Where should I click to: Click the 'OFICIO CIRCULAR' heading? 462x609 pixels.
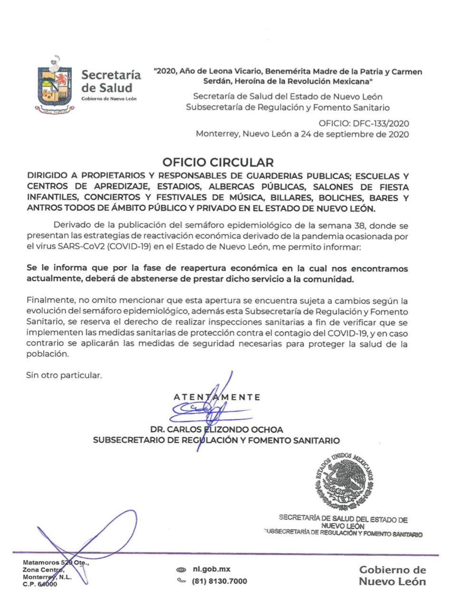[218, 162]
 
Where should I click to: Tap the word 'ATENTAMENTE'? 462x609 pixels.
[217, 397]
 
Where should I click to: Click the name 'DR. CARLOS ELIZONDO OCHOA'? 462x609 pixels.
[216, 429]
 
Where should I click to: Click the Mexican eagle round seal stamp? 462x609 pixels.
[343, 480]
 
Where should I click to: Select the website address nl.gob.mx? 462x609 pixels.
[212, 569]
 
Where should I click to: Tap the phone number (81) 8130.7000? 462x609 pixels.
[219, 581]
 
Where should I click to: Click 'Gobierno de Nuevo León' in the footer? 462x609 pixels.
[392, 575]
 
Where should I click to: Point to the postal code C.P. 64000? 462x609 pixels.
[39, 584]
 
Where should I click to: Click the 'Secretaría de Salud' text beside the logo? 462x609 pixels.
[111, 81]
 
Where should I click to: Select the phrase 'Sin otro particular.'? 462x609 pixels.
[64, 375]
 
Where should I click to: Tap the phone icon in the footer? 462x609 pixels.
[181, 581]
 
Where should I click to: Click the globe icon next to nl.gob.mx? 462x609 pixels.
[181, 570]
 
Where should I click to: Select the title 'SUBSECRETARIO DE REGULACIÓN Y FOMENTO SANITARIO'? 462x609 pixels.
[216, 440]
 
